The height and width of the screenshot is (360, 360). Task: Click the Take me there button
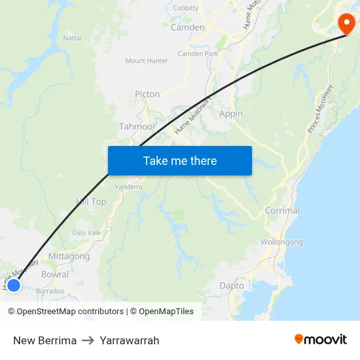(x=179, y=160)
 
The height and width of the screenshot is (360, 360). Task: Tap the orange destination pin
(x=346, y=24)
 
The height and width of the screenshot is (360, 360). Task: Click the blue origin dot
(x=13, y=285)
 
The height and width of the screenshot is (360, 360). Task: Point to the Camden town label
(x=187, y=27)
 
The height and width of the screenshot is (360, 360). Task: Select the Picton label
(x=147, y=94)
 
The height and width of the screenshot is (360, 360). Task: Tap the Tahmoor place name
(x=137, y=126)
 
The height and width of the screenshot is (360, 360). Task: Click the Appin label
(x=230, y=113)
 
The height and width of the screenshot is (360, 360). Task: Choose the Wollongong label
(x=281, y=242)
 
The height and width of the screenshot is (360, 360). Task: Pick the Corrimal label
(x=282, y=211)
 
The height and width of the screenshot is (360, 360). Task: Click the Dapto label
(x=232, y=285)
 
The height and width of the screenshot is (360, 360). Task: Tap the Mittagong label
(x=69, y=257)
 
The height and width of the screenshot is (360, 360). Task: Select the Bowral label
(x=54, y=275)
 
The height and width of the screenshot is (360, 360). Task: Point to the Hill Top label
(x=91, y=202)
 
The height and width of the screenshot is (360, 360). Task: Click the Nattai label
(x=72, y=38)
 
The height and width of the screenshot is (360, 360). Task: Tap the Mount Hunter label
(x=147, y=61)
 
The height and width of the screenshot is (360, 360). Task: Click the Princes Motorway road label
(x=321, y=109)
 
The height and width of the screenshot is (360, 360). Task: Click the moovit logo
(x=321, y=340)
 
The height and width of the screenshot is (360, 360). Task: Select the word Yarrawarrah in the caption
(x=130, y=340)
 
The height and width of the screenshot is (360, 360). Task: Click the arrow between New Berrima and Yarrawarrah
(x=88, y=340)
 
